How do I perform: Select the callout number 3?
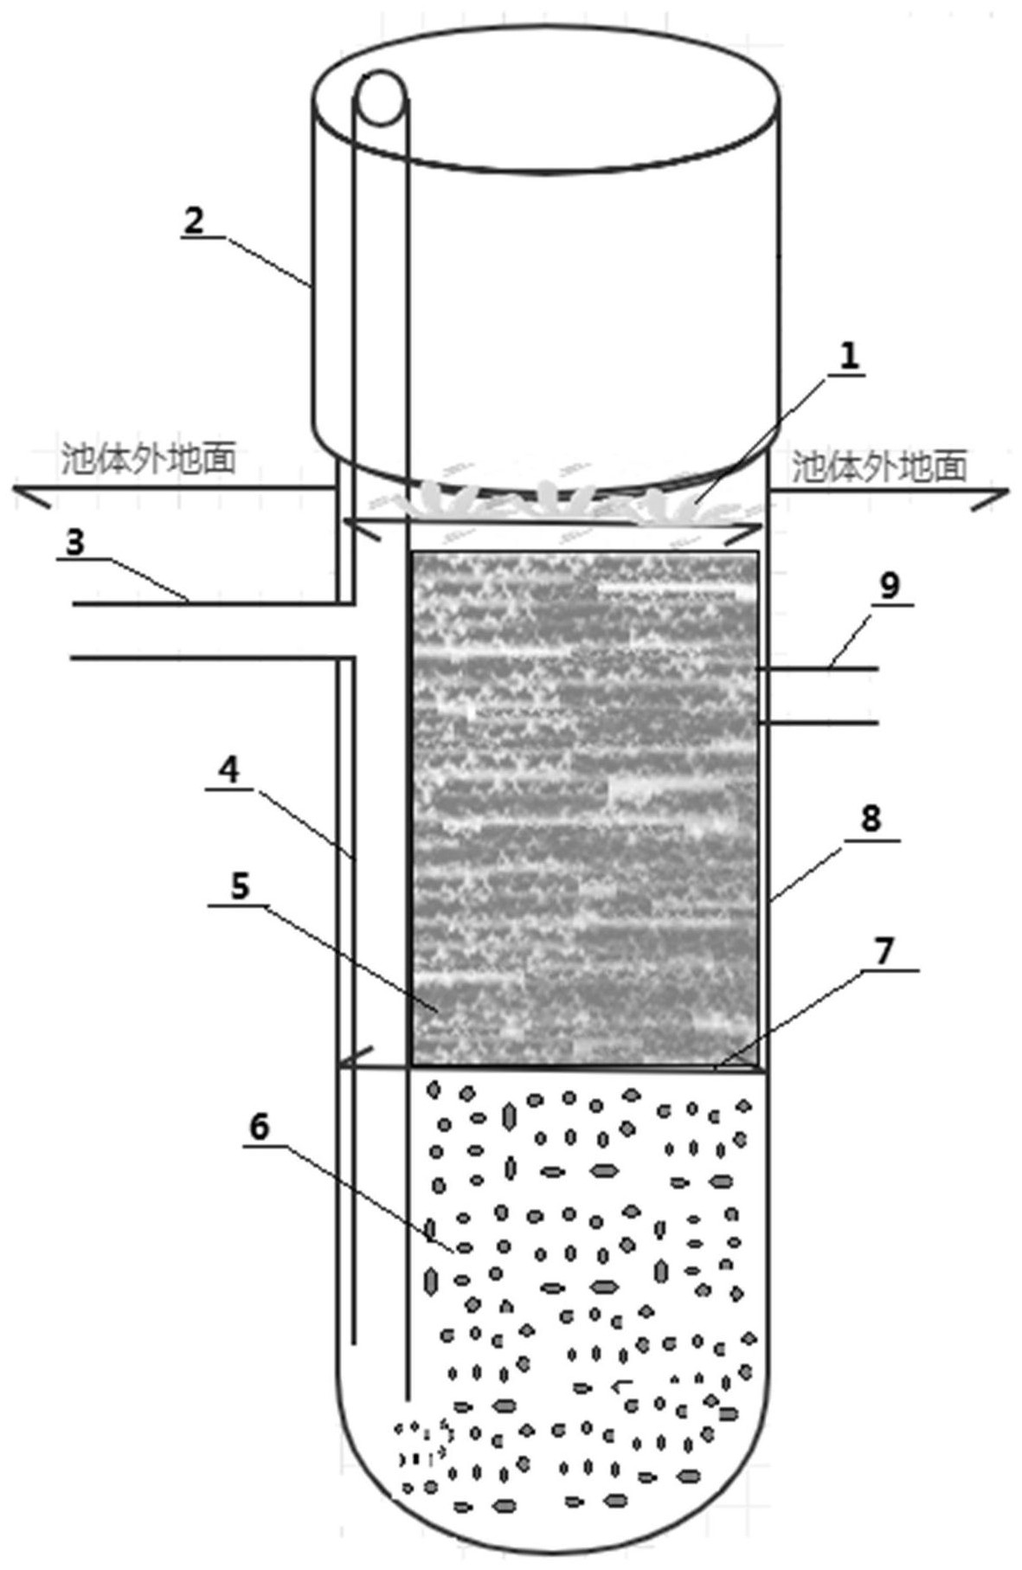pos(75,543)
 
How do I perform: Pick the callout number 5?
pos(240,886)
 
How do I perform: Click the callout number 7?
pos(883,950)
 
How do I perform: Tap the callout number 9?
pos(889,586)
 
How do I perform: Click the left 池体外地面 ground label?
pos(149,459)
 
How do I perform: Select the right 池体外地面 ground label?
pos(879,466)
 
